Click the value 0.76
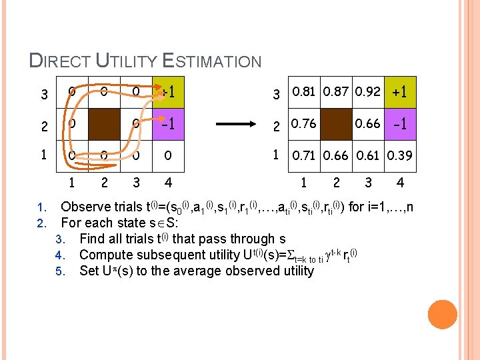pyautogui.click(x=305, y=123)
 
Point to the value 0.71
pyautogui.click(x=305, y=156)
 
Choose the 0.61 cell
pyautogui.click(x=369, y=156)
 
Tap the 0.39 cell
pyautogui.click(x=401, y=156)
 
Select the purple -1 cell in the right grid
pyautogui.click(x=401, y=123)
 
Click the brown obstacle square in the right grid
pyautogui.click(x=337, y=123)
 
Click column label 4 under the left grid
pyautogui.click(x=168, y=181)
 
